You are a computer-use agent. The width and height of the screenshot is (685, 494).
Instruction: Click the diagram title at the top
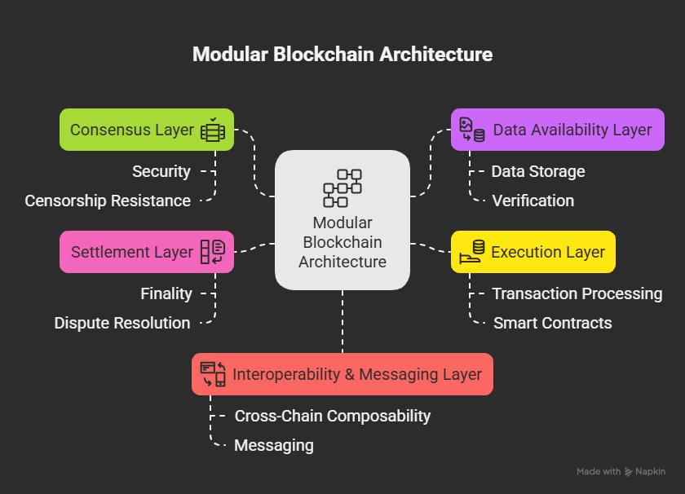pos(342,55)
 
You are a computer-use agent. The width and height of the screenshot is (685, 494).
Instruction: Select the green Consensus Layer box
pos(147,130)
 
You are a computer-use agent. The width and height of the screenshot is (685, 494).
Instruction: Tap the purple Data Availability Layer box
pos(557,130)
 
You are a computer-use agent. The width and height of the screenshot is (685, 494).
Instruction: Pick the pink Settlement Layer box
pos(147,252)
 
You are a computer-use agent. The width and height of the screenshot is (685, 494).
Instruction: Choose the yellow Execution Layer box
pos(533,252)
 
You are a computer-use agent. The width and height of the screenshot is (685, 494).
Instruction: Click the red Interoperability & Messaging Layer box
pos(342,374)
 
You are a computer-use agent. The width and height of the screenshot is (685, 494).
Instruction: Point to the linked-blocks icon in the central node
pos(342,188)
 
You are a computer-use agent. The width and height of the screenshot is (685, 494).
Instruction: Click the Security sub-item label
pos(161,171)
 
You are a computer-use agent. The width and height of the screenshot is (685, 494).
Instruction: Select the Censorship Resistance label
pos(108,201)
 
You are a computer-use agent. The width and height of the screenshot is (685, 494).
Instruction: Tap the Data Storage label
pos(538,171)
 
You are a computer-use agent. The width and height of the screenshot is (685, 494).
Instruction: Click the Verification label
pos(533,201)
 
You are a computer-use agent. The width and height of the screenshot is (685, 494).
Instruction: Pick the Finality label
pos(166,293)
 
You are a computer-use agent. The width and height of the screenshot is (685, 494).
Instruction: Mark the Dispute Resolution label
pos(122,323)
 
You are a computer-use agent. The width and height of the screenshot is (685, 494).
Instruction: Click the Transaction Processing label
pos(577,293)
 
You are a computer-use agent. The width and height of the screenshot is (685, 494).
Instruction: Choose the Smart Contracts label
pos(553,323)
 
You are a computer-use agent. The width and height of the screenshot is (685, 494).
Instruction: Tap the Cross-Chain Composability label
pos(333,416)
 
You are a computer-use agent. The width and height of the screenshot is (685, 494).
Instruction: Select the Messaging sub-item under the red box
pos(274,445)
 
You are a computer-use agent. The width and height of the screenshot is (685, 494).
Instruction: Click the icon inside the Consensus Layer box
pos(213,130)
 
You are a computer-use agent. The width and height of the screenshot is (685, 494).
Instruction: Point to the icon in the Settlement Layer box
pos(213,252)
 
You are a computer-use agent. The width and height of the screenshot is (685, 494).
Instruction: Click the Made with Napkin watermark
pos(621,471)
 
